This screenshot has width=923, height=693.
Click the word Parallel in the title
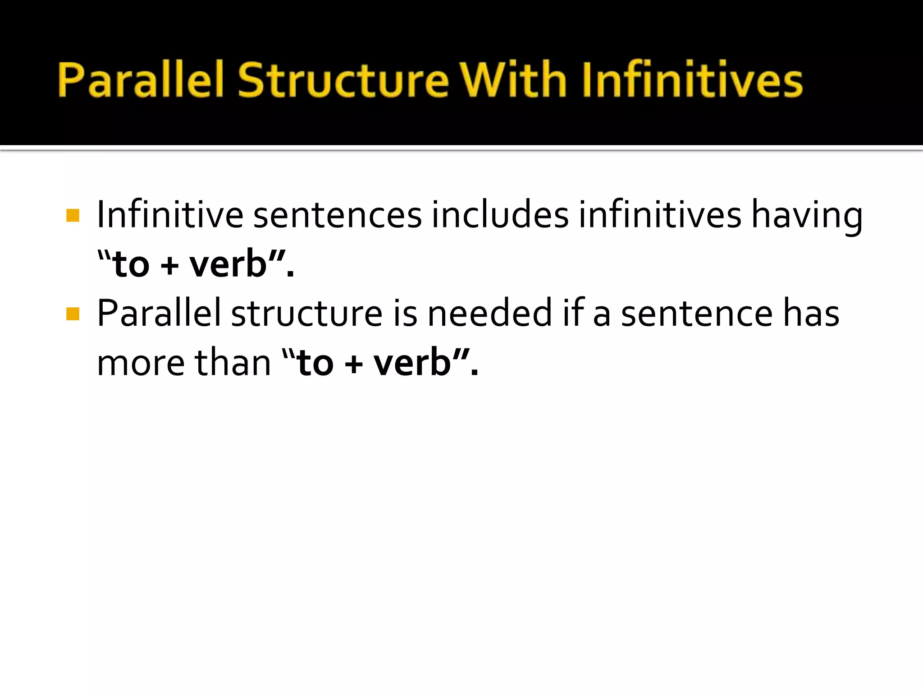click(x=141, y=80)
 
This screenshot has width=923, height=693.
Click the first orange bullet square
click(x=73, y=215)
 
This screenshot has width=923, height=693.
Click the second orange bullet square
click(x=73, y=314)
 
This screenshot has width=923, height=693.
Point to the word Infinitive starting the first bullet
click(x=170, y=215)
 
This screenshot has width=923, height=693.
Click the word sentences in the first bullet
click(x=337, y=215)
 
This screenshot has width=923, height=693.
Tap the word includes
click(x=500, y=215)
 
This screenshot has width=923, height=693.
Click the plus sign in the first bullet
click(x=169, y=265)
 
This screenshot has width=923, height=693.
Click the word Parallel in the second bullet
click(x=159, y=313)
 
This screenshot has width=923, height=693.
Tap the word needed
click(x=489, y=313)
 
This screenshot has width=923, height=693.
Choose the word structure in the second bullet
click(x=307, y=313)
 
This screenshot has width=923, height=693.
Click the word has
click(x=811, y=313)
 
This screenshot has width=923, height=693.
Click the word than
click(x=233, y=363)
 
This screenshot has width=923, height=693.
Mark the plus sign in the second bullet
click(x=354, y=364)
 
